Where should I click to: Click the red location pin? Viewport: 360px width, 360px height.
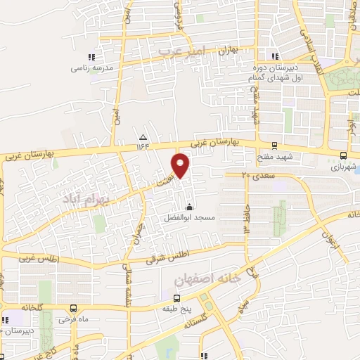(x=181, y=165)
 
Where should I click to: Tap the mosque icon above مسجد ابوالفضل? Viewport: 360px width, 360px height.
(x=188, y=207)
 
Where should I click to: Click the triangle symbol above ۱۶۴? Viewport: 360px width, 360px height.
(x=143, y=137)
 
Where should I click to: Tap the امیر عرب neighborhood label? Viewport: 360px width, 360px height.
(x=180, y=51)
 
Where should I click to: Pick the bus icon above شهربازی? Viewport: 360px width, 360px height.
(x=343, y=156)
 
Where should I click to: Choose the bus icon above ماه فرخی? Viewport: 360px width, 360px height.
(x=74, y=308)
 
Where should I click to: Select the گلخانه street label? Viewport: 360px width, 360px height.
(x=32, y=307)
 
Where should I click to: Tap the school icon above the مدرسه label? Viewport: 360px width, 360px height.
(x=90, y=57)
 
